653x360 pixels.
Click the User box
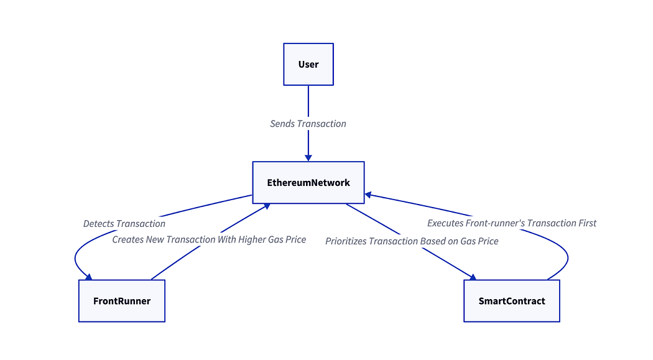(x=308, y=64)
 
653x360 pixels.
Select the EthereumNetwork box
(x=308, y=183)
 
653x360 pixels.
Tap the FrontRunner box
(x=122, y=301)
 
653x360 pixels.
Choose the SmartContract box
(x=511, y=301)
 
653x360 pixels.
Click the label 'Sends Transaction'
(x=308, y=124)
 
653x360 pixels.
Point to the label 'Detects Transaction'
(x=124, y=224)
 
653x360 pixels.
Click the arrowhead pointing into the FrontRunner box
(x=89, y=277)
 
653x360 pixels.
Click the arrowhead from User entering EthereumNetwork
(x=308, y=158)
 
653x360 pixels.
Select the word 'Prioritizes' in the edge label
(x=346, y=241)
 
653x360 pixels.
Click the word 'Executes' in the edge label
(x=445, y=223)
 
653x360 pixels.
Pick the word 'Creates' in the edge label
(x=127, y=239)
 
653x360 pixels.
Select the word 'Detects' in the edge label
(x=98, y=224)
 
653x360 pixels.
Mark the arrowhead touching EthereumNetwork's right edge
(x=368, y=195)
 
